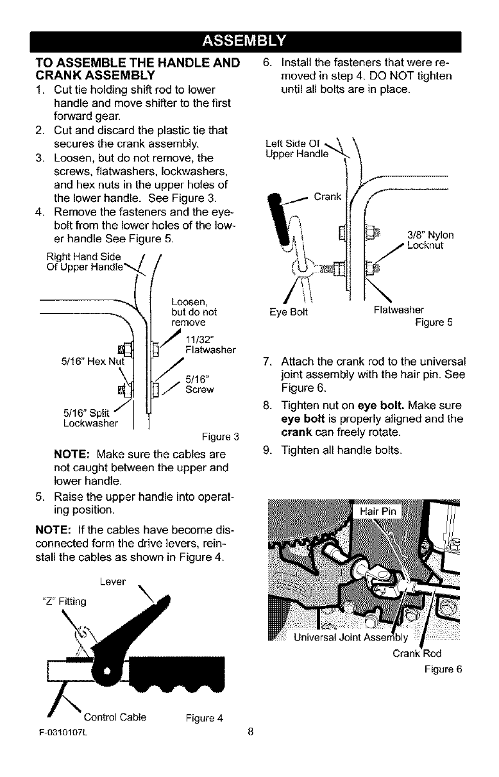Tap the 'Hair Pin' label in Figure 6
(x=379, y=511)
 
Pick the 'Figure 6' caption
(x=443, y=670)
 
